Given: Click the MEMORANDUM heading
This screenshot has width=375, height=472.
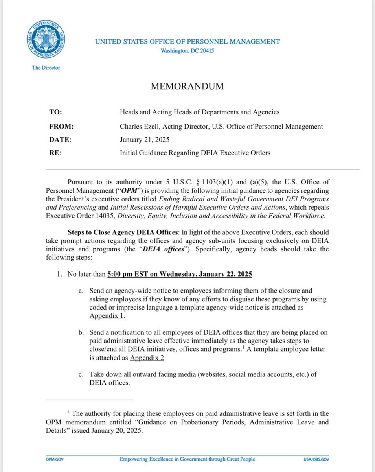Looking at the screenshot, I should (x=187, y=87).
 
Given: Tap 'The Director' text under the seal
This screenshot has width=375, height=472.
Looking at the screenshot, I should (x=46, y=68).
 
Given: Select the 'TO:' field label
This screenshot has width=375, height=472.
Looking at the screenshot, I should (x=55, y=112).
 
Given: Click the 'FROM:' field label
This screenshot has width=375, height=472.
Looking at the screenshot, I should (x=60, y=126).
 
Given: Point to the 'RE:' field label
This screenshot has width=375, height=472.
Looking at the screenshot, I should (x=55, y=153).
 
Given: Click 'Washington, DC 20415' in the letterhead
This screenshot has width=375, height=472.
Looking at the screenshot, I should (x=187, y=51).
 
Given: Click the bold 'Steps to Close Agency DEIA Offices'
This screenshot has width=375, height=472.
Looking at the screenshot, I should (x=124, y=232).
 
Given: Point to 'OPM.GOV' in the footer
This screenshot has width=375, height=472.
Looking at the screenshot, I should (x=54, y=459).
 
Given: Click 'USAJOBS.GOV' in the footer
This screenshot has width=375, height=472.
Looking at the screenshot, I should (x=316, y=459).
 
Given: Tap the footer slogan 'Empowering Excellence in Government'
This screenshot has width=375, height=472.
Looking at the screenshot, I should (x=187, y=459).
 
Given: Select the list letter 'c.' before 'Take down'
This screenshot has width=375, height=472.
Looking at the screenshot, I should (x=81, y=374).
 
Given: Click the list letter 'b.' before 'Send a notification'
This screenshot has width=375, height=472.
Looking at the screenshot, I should (x=81, y=333).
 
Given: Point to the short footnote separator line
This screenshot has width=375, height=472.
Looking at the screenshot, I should (x=90, y=400).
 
